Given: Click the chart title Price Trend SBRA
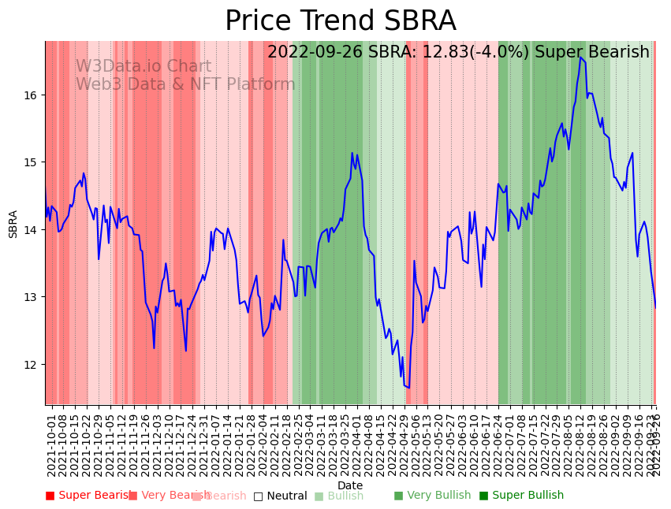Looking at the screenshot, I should pos(340,21).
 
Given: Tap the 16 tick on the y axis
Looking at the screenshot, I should pos(32,95).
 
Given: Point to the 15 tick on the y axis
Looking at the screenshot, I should pos(32,162).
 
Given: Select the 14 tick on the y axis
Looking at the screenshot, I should pos(32,230).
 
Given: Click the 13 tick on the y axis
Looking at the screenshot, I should pos(32,297).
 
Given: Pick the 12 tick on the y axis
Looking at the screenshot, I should pos(32,365).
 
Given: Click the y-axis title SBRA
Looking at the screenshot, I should pos(13,224).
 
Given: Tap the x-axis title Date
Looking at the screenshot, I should pos(350,485).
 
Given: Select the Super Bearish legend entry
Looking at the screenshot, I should pos(88,496).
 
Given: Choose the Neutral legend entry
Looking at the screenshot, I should pos(280,496).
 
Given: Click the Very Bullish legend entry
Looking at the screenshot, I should pos(432,496).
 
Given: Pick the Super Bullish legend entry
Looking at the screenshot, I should pos(521,496).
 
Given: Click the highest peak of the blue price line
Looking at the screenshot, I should pos(580,57).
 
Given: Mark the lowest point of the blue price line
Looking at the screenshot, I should pos(408,388).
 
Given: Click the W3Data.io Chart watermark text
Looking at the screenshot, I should pos(143,67).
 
